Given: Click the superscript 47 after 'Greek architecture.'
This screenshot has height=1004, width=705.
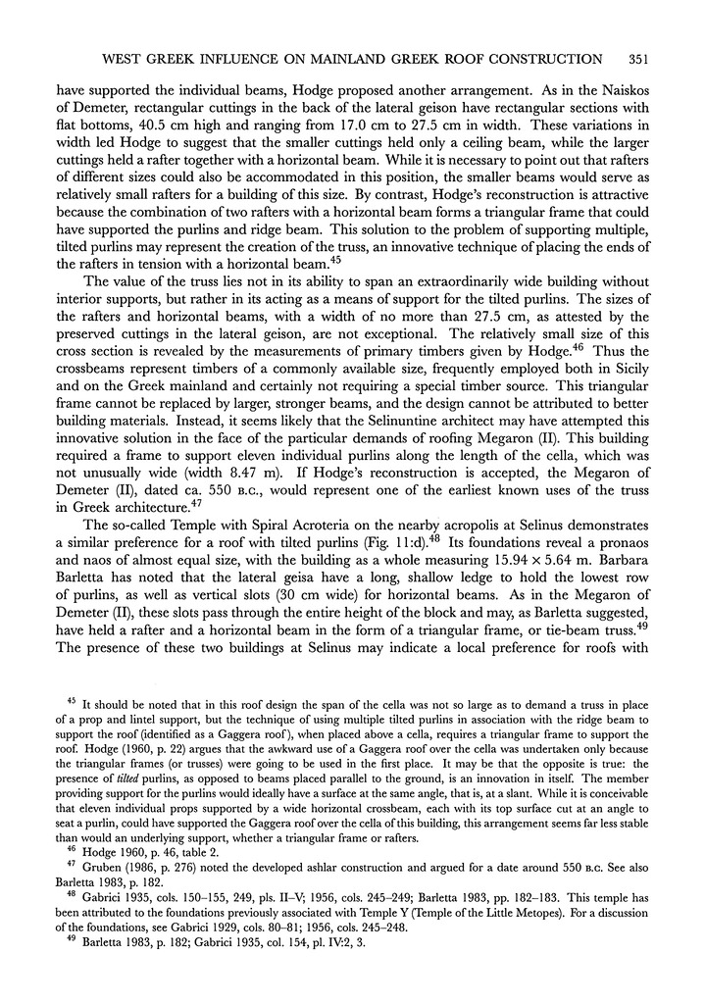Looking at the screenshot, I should coord(202,501).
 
